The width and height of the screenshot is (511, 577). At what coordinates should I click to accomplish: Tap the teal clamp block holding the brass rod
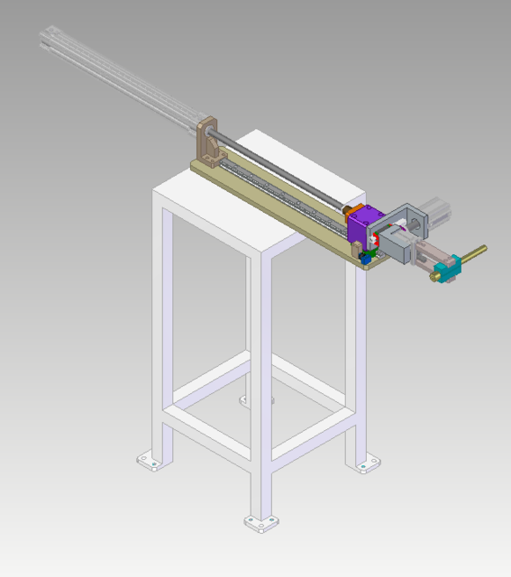pos(448,269)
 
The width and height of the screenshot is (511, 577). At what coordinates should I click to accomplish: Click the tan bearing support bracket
pos(208,144)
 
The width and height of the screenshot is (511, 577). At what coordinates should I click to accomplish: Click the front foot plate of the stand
pos(261,523)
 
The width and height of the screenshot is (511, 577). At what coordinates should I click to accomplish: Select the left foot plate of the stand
pos(151,462)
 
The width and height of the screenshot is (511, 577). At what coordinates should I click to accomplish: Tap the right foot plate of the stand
pos(367,464)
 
